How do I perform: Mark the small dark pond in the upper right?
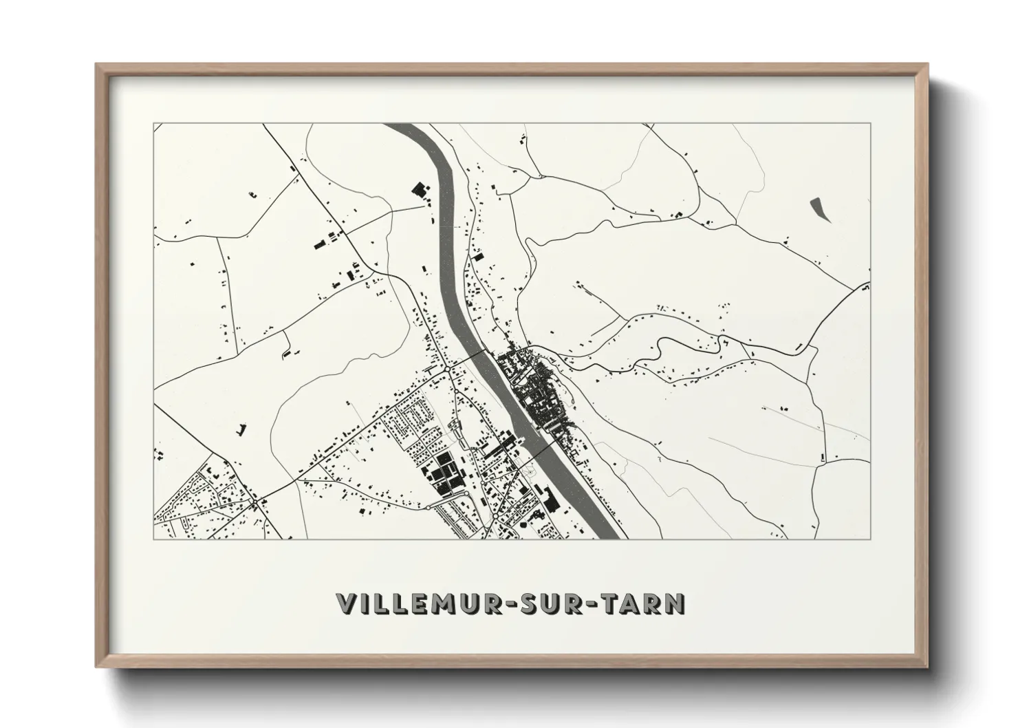[819, 208]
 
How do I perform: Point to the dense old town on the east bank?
[537, 392]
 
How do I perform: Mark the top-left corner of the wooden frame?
[97, 65]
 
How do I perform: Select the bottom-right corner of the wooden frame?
[926, 665]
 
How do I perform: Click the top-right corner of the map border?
[870, 124]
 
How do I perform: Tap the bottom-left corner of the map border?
[153, 539]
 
